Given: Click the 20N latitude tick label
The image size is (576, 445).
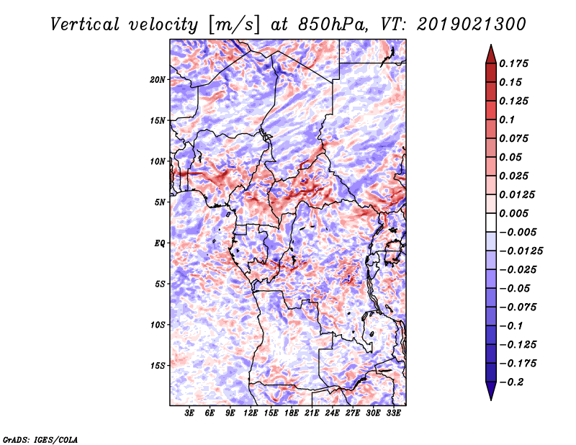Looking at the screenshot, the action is click(158, 80).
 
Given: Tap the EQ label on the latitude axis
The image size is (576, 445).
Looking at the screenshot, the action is click(160, 243).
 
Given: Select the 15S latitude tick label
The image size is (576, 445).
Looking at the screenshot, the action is click(158, 366).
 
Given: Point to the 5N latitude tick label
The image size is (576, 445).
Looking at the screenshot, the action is click(160, 202).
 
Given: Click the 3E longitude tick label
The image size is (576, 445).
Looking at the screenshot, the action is click(189, 413).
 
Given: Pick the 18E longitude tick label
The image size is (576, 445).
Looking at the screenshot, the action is click(292, 413).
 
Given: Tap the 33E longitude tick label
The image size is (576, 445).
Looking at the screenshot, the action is click(393, 413).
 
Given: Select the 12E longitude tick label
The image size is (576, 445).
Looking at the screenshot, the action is click(251, 413).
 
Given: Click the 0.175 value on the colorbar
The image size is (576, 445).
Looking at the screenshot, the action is click(513, 63).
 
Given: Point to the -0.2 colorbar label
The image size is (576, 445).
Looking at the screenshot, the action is click(511, 382).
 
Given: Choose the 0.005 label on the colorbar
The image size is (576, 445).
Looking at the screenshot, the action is click(513, 213).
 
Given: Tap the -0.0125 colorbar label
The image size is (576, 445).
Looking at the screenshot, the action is click(521, 251).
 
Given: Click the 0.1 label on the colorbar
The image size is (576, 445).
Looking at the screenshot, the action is click(507, 120).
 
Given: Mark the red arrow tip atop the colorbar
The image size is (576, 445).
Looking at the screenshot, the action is click(491, 45).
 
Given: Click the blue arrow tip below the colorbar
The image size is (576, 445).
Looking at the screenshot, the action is click(491, 400).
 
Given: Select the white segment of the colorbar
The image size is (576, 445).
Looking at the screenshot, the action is click(491, 223).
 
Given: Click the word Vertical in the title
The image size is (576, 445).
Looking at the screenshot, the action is click(85, 24).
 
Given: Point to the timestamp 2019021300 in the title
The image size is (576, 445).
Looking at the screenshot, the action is click(472, 24).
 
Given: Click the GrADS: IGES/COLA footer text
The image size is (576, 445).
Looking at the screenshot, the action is click(40, 440).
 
